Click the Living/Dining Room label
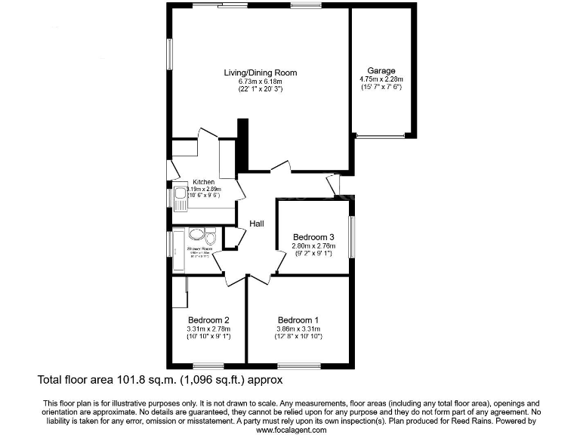(x=260, y=72)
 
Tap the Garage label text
(x=381, y=70)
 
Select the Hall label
(x=257, y=223)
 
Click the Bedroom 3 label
(x=313, y=237)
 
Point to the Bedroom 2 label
(x=208, y=319)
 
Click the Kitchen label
(x=204, y=182)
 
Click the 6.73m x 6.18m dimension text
(x=260, y=81)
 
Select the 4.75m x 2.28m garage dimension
(x=381, y=79)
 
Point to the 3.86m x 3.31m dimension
(x=298, y=329)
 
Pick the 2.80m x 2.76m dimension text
(x=313, y=245)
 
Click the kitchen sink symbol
(x=180, y=198)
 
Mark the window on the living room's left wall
(x=169, y=55)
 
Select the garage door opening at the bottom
(x=381, y=136)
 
